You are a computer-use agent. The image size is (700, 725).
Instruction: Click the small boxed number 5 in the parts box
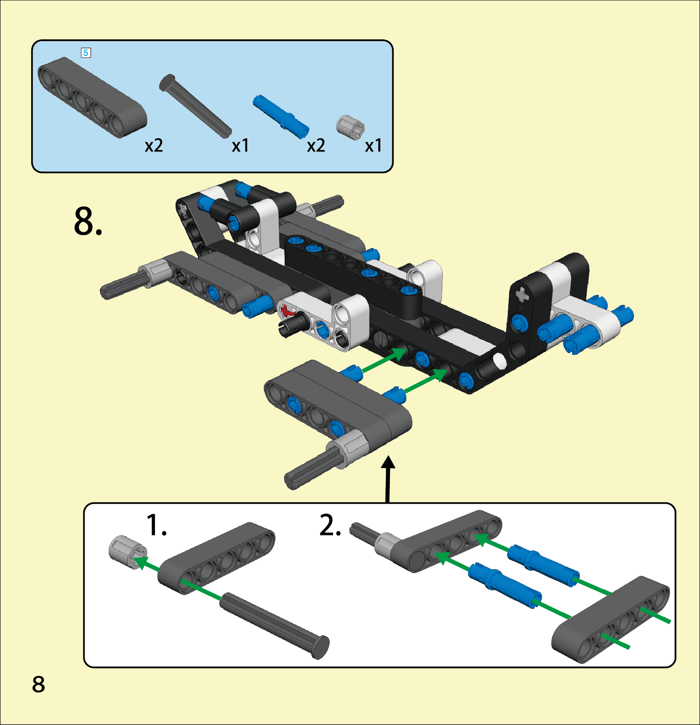point(86,53)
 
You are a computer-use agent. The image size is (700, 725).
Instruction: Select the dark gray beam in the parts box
point(92,98)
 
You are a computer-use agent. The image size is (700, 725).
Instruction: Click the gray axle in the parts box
point(196,106)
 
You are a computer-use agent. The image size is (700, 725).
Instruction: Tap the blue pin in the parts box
point(281,117)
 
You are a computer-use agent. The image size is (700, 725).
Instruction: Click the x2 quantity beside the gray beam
point(154,146)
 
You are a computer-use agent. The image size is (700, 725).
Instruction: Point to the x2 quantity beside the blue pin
point(316,146)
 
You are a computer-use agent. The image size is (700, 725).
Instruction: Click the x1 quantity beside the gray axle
point(240,146)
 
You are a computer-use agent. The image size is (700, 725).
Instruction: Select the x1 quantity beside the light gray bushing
point(373,146)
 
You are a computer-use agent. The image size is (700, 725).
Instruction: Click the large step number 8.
point(88,221)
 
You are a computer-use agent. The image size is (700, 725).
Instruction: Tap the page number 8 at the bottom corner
point(39,684)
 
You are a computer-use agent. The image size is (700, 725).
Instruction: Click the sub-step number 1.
point(156,525)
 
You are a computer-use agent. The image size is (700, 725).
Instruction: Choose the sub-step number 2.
point(330,525)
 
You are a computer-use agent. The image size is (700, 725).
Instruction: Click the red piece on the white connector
point(288,311)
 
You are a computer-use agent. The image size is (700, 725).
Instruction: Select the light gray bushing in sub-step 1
point(128,552)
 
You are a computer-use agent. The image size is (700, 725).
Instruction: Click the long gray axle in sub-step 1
point(274,626)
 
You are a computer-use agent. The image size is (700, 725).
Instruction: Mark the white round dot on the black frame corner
point(499,361)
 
